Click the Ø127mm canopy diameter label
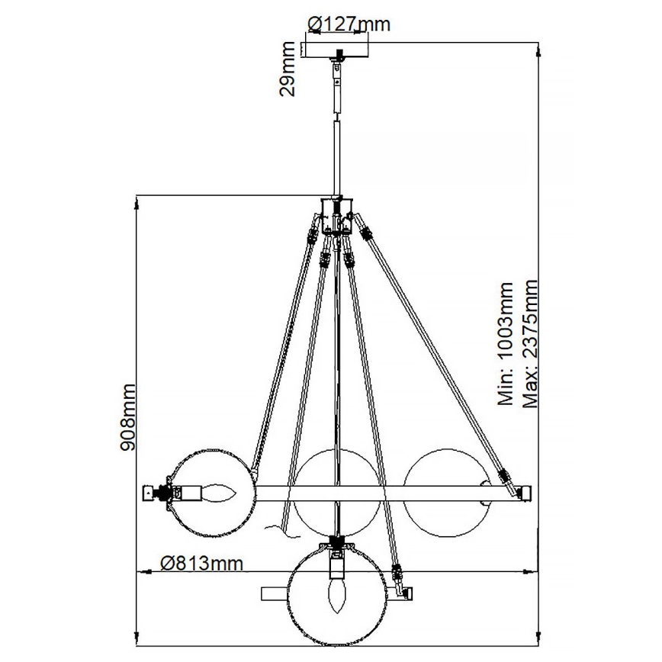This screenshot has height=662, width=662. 348,24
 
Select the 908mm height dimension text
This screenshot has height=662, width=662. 127,416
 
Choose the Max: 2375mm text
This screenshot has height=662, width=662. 531,343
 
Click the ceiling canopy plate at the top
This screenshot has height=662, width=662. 339,50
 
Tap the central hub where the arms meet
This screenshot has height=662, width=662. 336,208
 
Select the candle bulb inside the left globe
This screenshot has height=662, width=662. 219,494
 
